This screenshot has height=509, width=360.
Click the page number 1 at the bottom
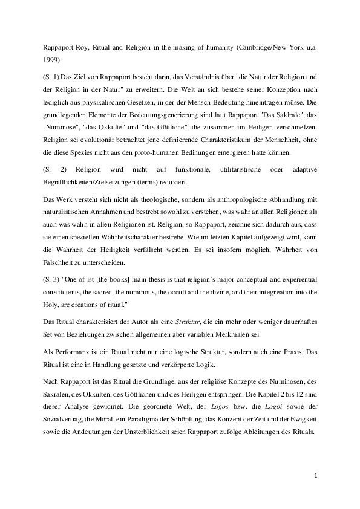click(316, 476)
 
